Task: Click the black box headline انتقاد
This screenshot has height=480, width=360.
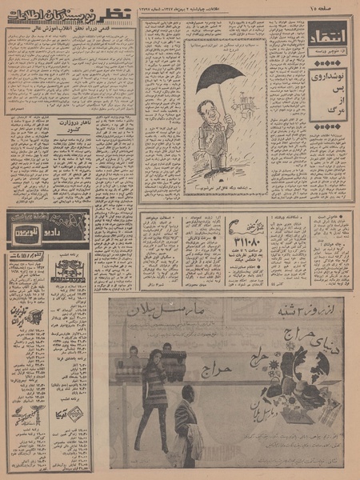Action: [x=328, y=35]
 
